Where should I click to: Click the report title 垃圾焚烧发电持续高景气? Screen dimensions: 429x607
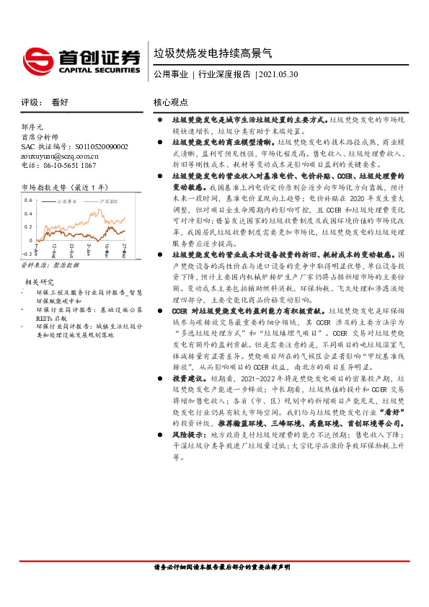(x=213, y=53)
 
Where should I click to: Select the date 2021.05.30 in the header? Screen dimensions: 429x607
(x=278, y=74)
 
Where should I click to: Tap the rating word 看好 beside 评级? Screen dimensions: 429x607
(x=60, y=102)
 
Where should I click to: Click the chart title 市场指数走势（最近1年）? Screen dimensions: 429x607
(x=65, y=186)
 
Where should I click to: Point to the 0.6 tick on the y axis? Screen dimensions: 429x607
(x=28, y=199)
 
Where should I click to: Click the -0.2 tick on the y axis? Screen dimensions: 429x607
(x=27, y=254)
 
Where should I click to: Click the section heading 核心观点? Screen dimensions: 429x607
(x=171, y=102)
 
